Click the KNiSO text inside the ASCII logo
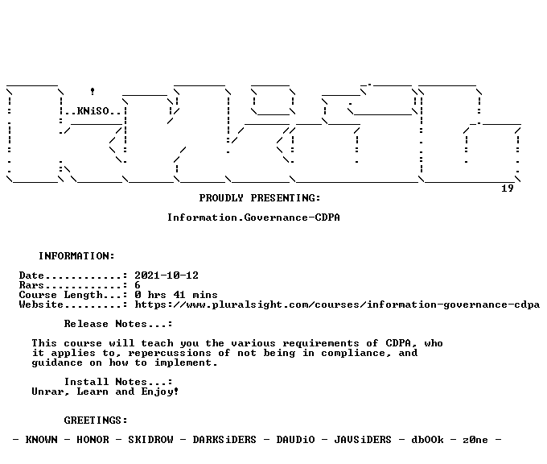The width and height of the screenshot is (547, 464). point(93,111)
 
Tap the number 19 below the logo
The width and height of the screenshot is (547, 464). point(508,188)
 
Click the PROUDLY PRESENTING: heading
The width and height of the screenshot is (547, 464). point(260,198)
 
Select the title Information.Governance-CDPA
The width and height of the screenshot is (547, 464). point(253,217)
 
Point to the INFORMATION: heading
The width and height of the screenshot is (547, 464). point(76,256)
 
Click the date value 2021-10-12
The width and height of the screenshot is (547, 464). point(167,275)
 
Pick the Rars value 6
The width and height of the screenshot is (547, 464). point(138,285)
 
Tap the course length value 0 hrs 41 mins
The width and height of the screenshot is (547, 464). point(176,295)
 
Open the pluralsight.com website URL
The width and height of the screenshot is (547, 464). point(337,304)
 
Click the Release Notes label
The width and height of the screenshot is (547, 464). point(118,324)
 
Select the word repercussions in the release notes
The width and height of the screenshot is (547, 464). point(170,354)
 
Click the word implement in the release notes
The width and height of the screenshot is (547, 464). point(183,362)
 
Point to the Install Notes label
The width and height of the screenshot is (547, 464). point(118,382)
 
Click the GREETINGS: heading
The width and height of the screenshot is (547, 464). point(96,420)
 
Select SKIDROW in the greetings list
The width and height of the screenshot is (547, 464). point(150,440)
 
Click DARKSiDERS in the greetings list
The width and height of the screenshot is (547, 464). point(224,440)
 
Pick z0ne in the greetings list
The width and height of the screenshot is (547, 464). point(475,440)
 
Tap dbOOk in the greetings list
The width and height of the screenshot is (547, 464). point(427,440)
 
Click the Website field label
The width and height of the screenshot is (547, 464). point(41,304)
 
